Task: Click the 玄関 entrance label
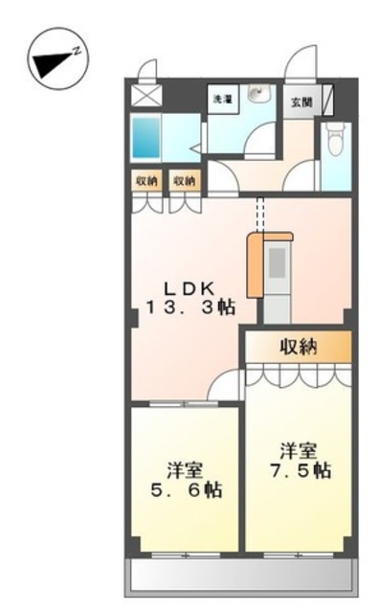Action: coord(301,101)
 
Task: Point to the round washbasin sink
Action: coord(256,95)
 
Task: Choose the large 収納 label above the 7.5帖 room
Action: coord(299,347)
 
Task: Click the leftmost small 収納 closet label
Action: coord(146,179)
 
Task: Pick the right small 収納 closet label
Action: coord(184,179)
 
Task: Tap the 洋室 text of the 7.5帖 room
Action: coord(299,449)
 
